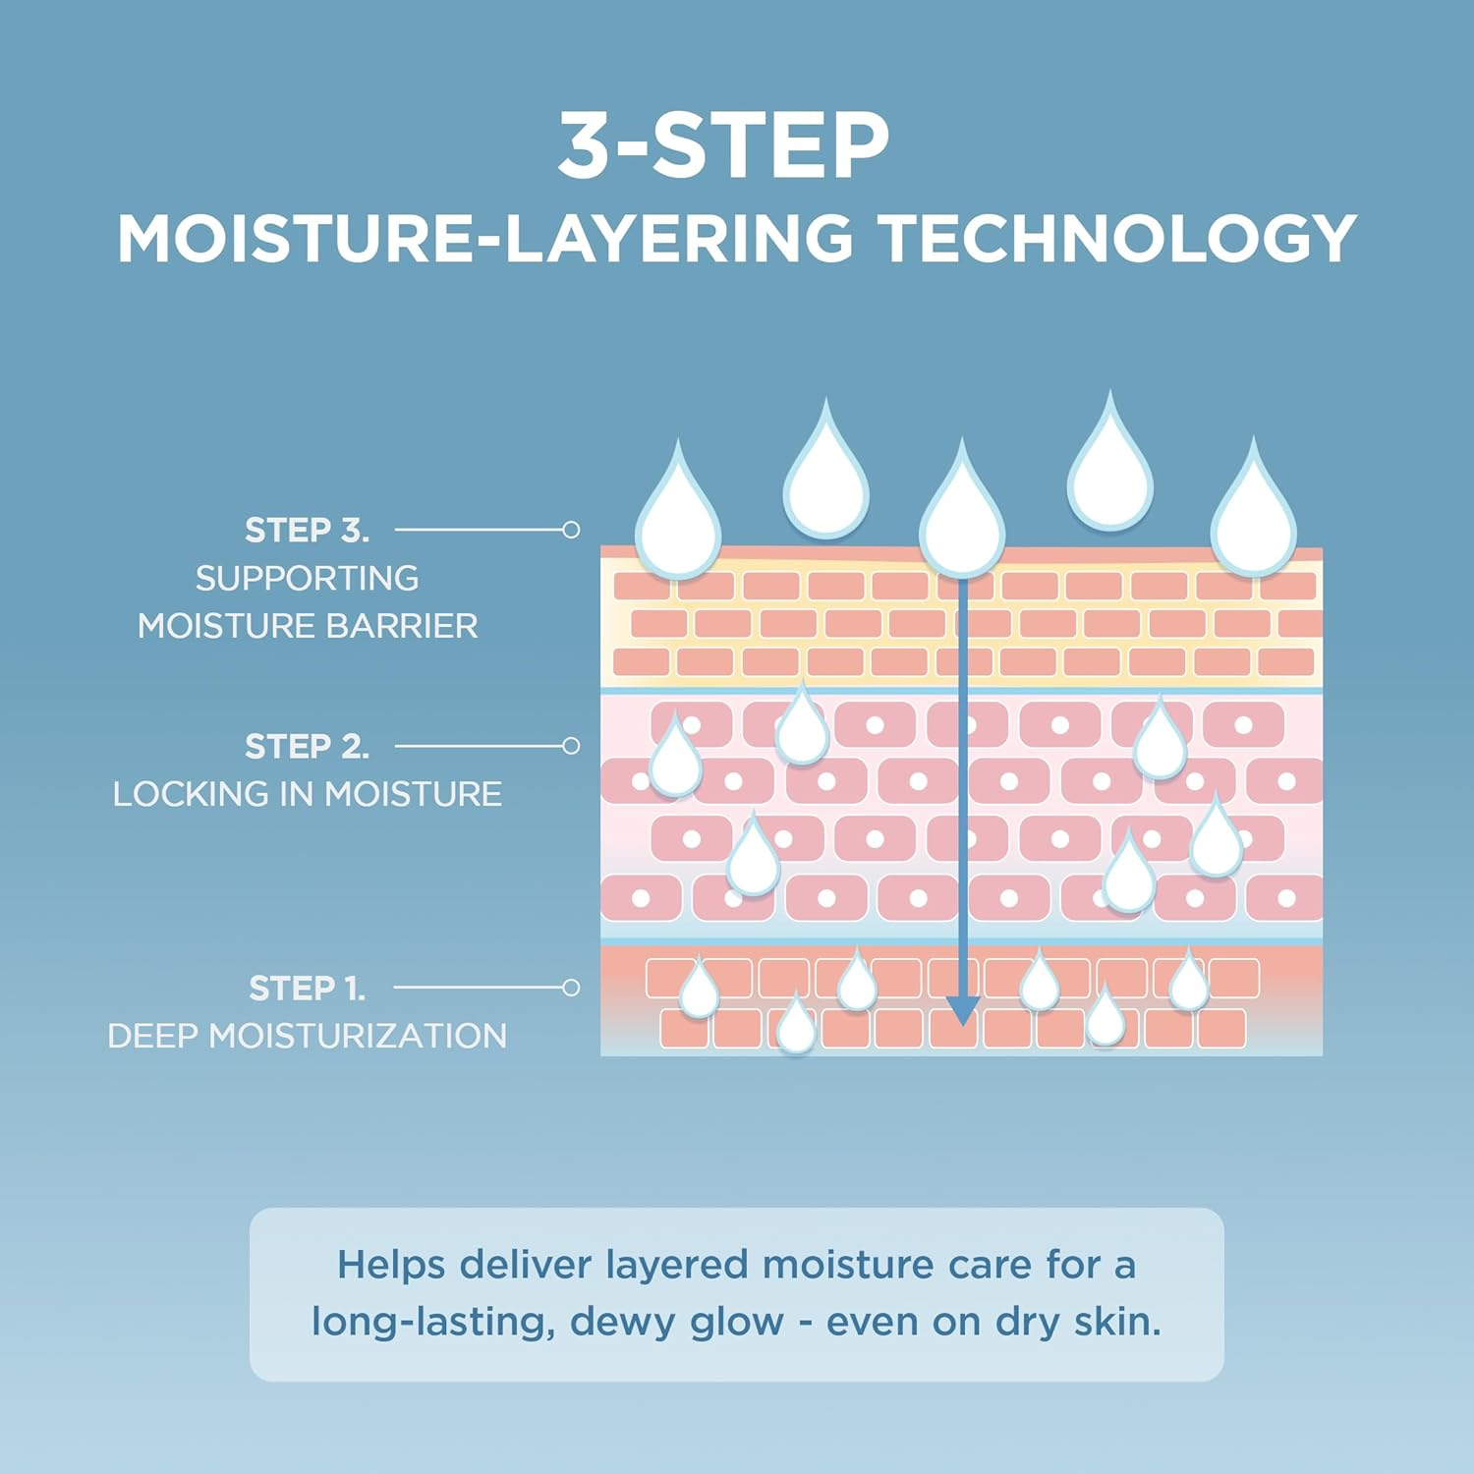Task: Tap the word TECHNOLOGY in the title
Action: click(x=1117, y=239)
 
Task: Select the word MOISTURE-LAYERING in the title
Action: click(x=485, y=239)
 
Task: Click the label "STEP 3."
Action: click(x=307, y=531)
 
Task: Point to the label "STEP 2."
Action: click(x=307, y=747)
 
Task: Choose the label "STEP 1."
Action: click(x=307, y=988)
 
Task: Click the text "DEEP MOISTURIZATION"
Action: click(x=307, y=1036)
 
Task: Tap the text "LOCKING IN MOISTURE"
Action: click(x=307, y=794)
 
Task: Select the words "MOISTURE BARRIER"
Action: click(x=307, y=626)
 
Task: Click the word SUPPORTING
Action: click(x=307, y=579)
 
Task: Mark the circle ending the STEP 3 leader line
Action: click(x=571, y=530)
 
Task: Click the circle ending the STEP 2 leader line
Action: click(x=571, y=746)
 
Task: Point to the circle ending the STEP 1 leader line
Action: click(x=571, y=988)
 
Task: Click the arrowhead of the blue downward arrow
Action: click(x=962, y=1010)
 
